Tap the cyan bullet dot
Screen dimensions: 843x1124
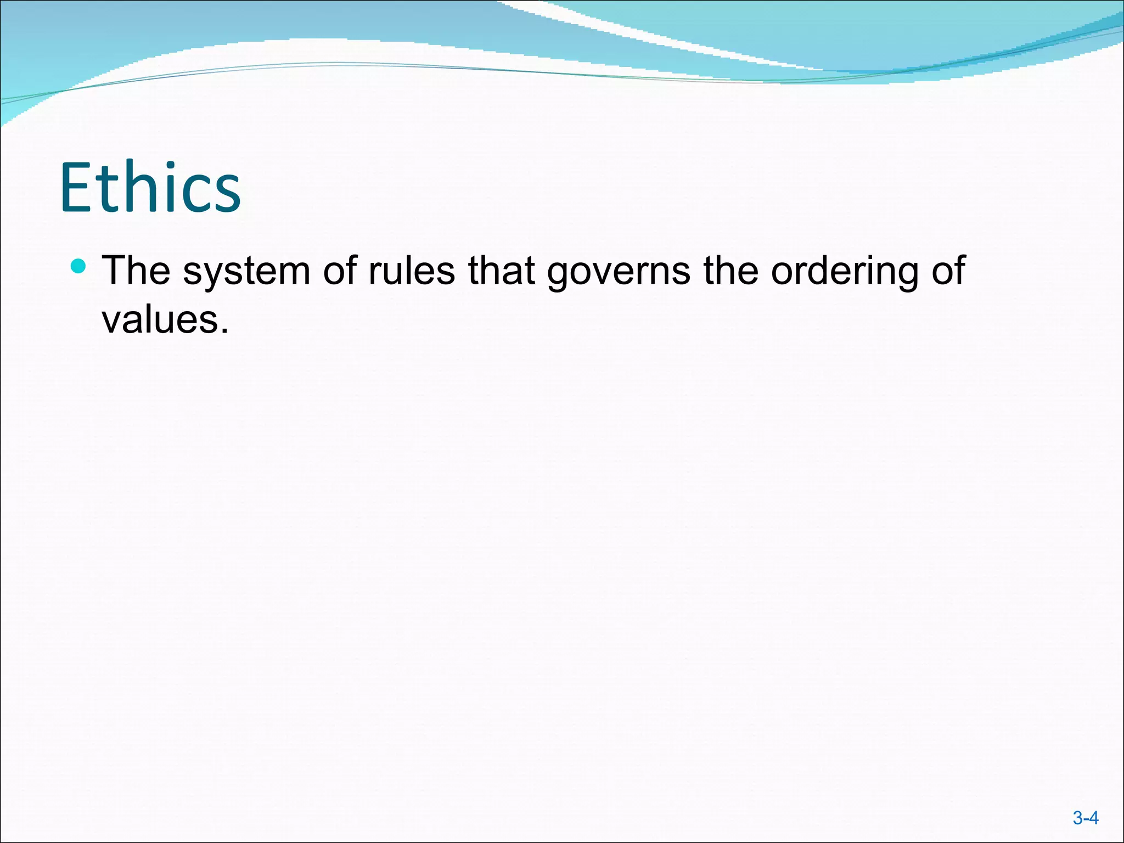[79, 266]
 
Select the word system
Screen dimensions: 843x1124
[246, 271]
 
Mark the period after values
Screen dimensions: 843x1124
[223, 331]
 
